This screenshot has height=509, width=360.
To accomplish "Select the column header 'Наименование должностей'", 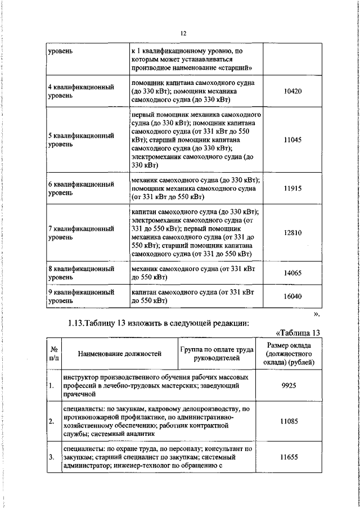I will [120, 353].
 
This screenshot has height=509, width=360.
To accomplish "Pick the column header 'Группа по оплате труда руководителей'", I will [216, 353].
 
